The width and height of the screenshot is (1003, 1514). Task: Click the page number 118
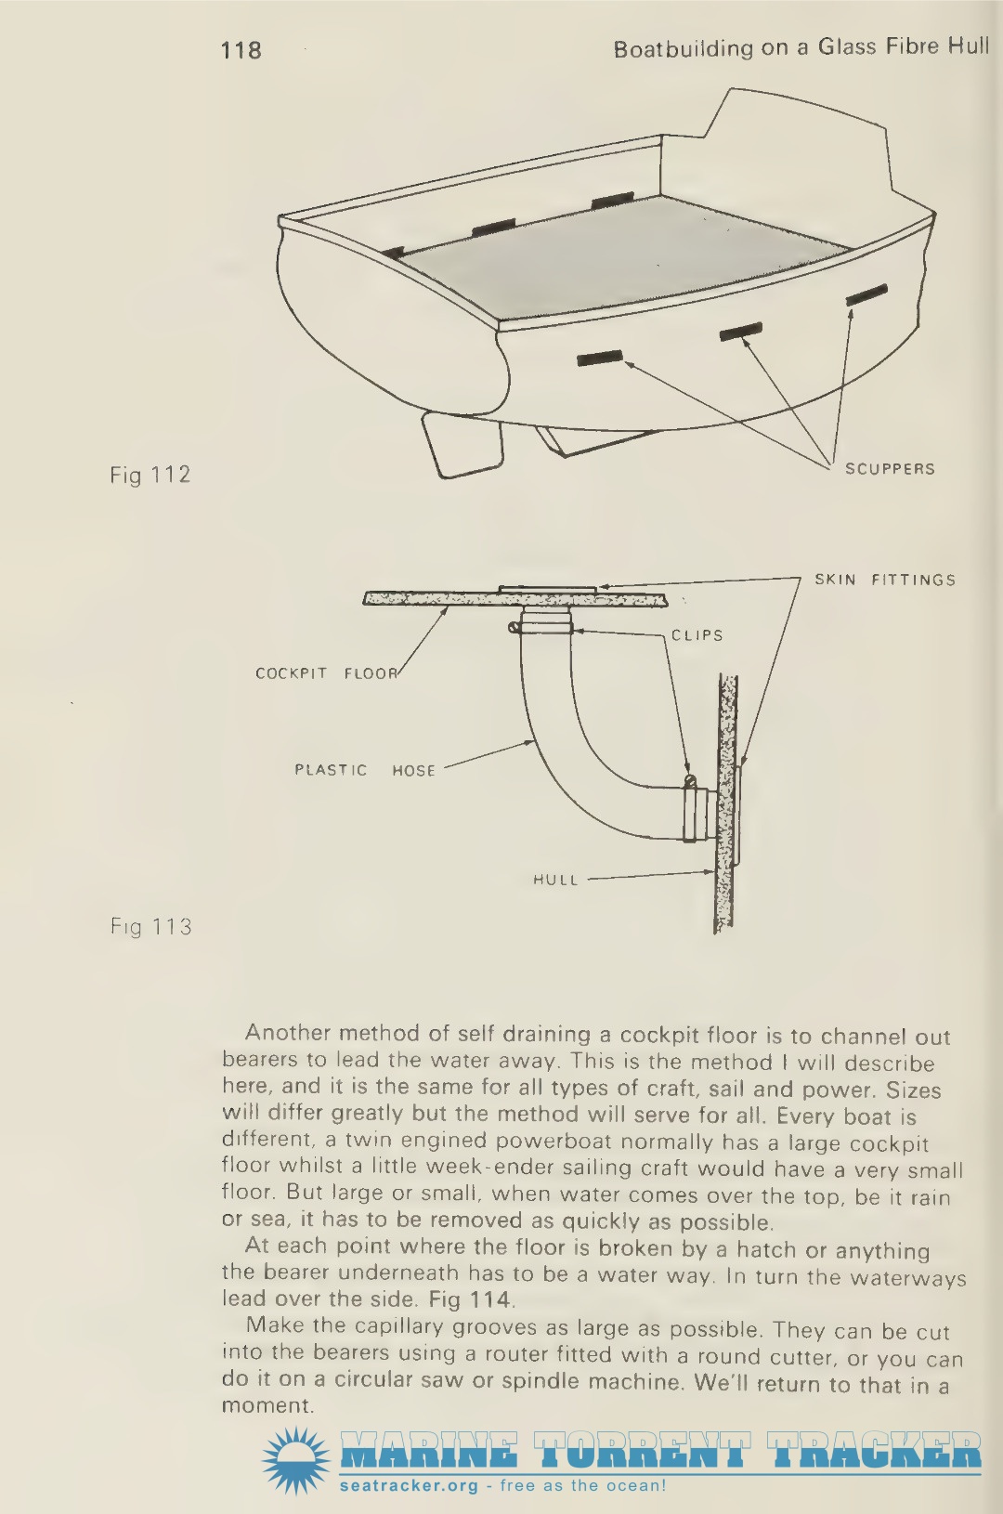241,50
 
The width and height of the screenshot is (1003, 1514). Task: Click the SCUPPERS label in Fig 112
890,469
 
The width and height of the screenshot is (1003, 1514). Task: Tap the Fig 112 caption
150,475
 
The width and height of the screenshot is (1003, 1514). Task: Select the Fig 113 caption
150,926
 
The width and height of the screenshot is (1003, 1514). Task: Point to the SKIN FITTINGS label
885,580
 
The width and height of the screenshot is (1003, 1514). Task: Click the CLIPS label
697,635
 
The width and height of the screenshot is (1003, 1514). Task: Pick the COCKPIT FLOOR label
327,673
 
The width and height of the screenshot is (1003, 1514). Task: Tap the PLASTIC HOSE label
365,771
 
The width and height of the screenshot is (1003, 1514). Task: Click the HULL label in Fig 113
555,880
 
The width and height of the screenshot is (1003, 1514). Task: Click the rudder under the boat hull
463,446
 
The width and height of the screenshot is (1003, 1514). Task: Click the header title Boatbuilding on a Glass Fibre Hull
801,48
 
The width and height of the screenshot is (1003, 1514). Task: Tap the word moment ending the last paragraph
267,1406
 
